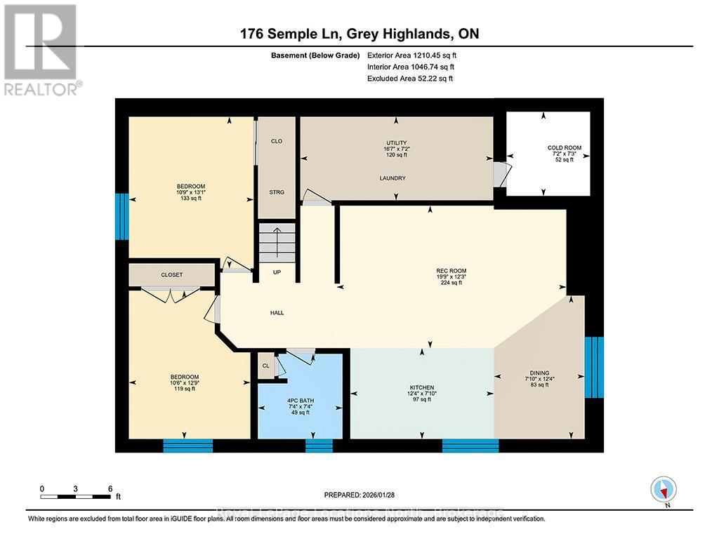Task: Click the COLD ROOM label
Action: pyautogui.click(x=565, y=148)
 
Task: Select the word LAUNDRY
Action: pyautogui.click(x=393, y=178)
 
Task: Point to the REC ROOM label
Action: pyautogui.click(x=451, y=271)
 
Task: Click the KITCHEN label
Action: pyautogui.click(x=422, y=387)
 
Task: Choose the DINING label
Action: pyautogui.click(x=539, y=373)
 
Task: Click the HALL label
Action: pyautogui.click(x=277, y=312)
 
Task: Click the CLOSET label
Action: pyautogui.click(x=171, y=274)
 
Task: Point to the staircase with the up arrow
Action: pyautogui.click(x=276, y=242)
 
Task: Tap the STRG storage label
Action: pyautogui.click(x=277, y=192)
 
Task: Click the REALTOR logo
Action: pyautogui.click(x=41, y=49)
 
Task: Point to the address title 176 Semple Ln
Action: pyautogui.click(x=359, y=34)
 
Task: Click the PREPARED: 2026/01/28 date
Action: pyautogui.click(x=364, y=494)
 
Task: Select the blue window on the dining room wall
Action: pyautogui.click(x=594, y=366)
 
